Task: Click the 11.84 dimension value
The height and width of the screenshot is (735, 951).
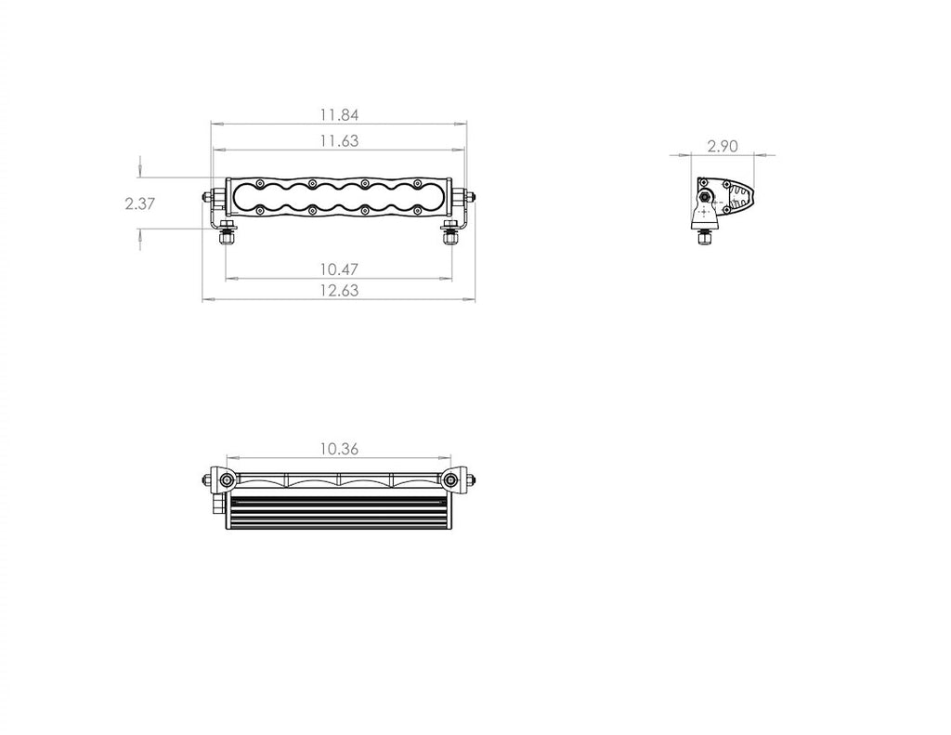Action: click(x=339, y=114)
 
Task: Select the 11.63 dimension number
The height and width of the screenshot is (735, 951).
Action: click(x=339, y=141)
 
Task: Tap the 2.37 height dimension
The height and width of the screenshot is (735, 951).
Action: click(x=140, y=203)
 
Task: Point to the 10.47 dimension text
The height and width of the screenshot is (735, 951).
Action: click(x=339, y=269)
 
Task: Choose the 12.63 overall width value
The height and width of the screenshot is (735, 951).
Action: click(x=339, y=290)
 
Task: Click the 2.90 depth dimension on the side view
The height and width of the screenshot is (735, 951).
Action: click(x=723, y=146)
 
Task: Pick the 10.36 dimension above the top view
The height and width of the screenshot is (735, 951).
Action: click(x=339, y=449)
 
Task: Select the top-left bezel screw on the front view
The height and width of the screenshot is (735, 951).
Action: click(x=260, y=183)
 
